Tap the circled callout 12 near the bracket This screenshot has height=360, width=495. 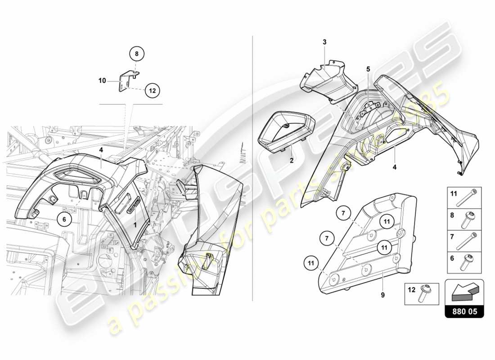(152, 90)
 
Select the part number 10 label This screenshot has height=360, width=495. (103, 81)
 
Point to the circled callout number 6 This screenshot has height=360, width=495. (64, 219)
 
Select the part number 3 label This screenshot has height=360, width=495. (324, 42)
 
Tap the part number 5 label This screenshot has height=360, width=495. (368, 69)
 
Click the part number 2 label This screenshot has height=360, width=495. (292, 160)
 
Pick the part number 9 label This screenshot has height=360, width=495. (383, 295)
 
